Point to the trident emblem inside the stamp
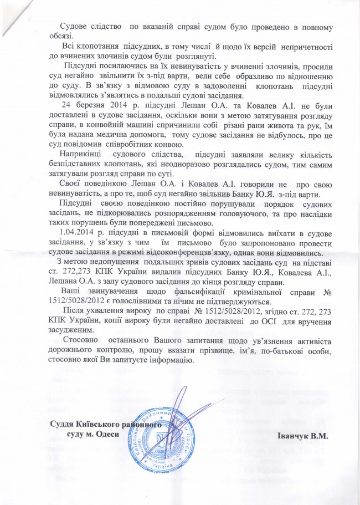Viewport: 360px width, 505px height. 161,443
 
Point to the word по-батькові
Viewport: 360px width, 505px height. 290,350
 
